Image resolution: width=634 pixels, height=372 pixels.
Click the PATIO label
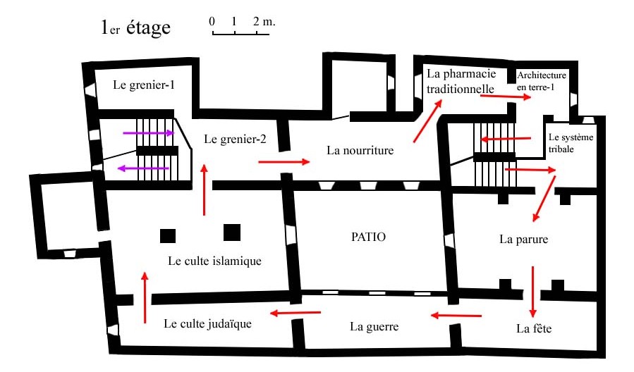tap(368, 237)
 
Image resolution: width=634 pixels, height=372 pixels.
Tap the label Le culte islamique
tap(214, 261)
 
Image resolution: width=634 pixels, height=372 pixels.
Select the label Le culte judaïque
tap(207, 323)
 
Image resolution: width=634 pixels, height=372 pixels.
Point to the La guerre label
tap(374, 326)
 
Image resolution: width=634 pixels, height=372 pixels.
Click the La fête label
tap(534, 328)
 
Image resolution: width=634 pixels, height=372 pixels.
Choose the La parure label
tap(523, 239)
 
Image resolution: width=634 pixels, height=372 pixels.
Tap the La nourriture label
tap(360, 150)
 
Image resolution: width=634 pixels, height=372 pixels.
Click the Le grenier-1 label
tap(144, 85)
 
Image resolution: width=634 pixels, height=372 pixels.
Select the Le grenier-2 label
tap(235, 139)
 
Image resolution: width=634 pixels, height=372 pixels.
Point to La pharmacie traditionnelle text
tap(461, 81)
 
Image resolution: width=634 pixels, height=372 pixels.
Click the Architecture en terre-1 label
tap(542, 81)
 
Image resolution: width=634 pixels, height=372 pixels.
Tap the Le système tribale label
tap(571, 143)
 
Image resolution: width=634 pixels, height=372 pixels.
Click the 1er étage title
tap(136, 27)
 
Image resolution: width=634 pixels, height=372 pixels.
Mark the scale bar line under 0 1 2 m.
tap(241, 35)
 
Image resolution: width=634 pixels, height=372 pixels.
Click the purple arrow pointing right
tap(149, 133)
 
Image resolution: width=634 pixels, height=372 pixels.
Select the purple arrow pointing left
tap(143, 168)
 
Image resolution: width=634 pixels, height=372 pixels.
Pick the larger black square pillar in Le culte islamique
tap(232, 232)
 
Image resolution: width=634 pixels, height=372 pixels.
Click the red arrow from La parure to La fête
tap(533, 292)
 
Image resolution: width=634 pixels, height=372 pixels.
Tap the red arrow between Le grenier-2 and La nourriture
tap(284, 162)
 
